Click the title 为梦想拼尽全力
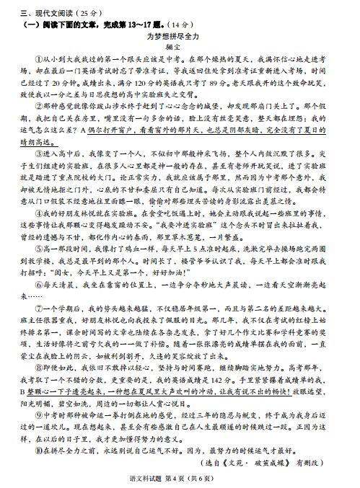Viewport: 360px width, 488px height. (180, 35)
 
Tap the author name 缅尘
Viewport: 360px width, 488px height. (180, 47)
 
